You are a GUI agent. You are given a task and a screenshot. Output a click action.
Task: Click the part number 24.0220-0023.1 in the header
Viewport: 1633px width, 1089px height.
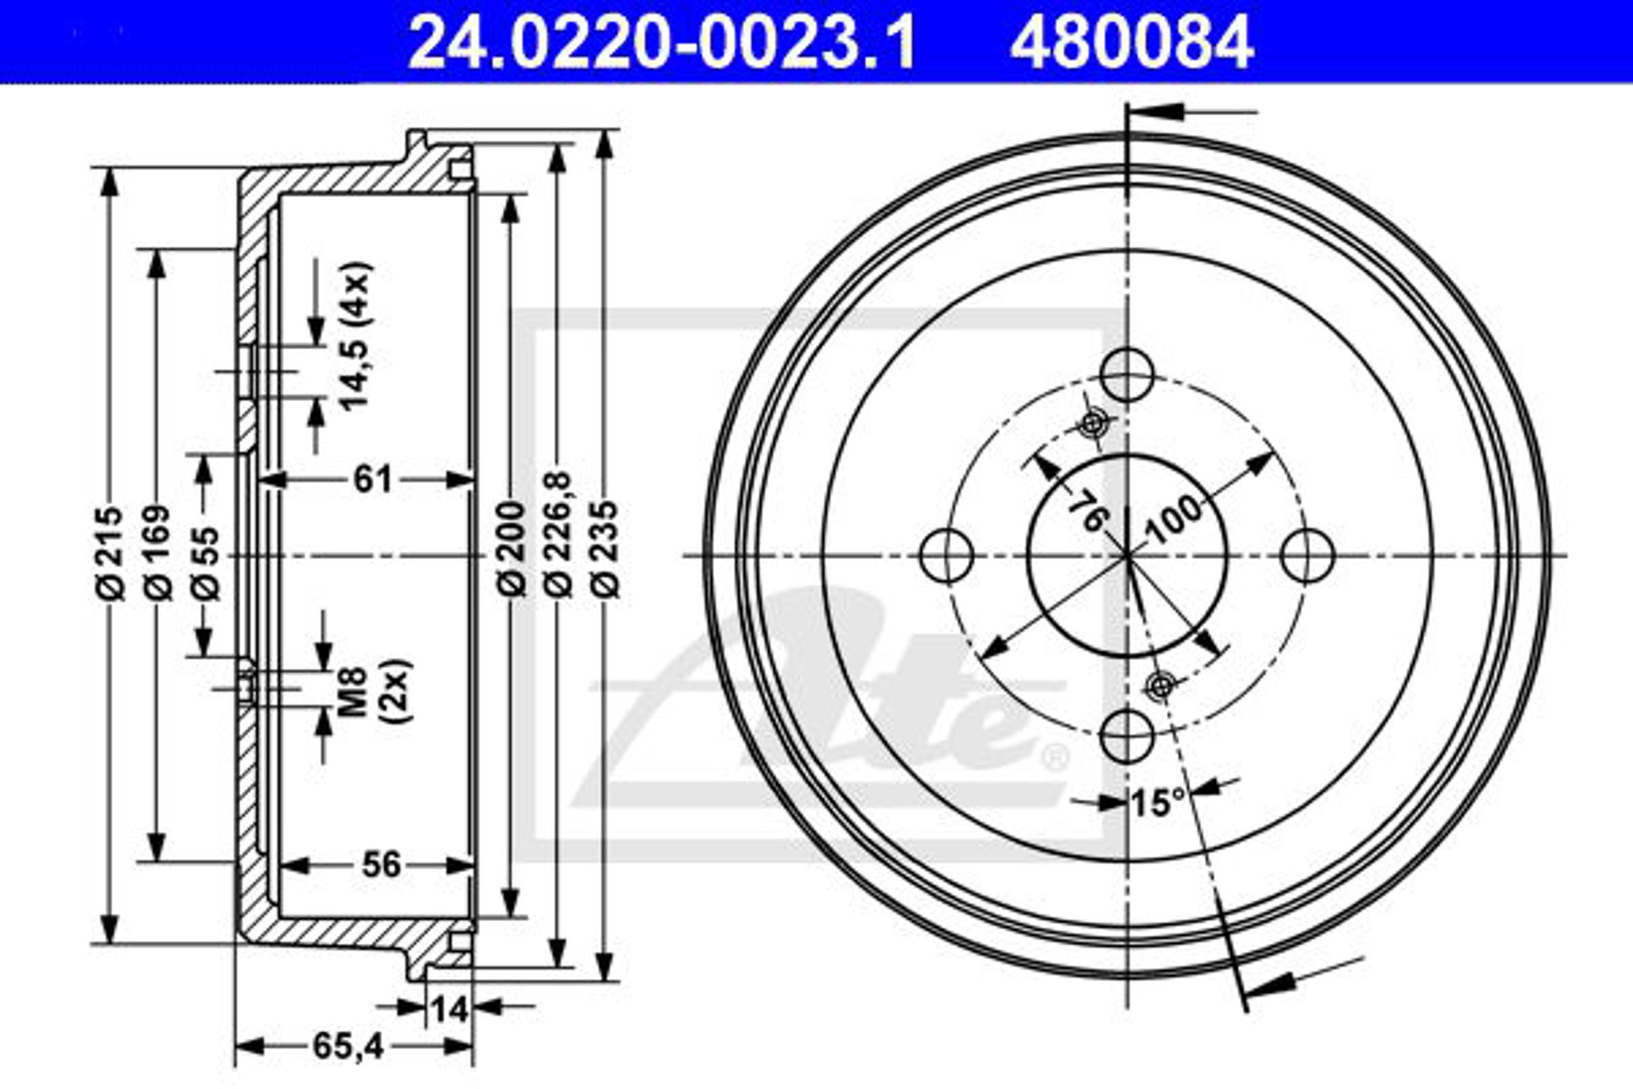[x=663, y=44]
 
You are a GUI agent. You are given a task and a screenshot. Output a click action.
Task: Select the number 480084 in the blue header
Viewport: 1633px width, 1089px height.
[x=1132, y=44]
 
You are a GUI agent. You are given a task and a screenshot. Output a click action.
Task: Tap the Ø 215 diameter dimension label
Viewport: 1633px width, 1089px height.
[x=110, y=553]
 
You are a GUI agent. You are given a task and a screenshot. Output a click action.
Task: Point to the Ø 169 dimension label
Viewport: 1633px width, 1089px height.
[x=157, y=553]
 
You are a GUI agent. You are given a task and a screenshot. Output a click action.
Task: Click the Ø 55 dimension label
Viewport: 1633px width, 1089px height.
[x=205, y=564]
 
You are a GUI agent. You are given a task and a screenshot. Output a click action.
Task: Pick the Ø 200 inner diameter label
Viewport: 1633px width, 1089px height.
[x=512, y=549]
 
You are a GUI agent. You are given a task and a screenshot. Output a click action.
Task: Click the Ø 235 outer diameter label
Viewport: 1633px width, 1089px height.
[x=604, y=549]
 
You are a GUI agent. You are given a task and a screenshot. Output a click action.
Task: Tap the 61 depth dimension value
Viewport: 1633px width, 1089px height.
[x=373, y=479]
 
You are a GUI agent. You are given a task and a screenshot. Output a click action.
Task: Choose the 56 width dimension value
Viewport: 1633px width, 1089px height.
[x=381, y=865]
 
